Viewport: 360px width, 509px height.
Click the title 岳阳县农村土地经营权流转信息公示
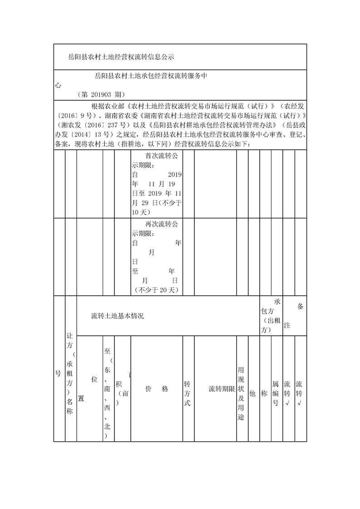(x=121, y=57)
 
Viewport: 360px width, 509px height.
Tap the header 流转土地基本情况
(x=117, y=316)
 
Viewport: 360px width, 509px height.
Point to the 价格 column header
(x=157, y=389)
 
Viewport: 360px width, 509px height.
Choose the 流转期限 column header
(x=221, y=389)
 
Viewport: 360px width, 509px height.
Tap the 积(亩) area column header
(x=123, y=389)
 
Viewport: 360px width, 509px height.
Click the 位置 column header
(x=88, y=388)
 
